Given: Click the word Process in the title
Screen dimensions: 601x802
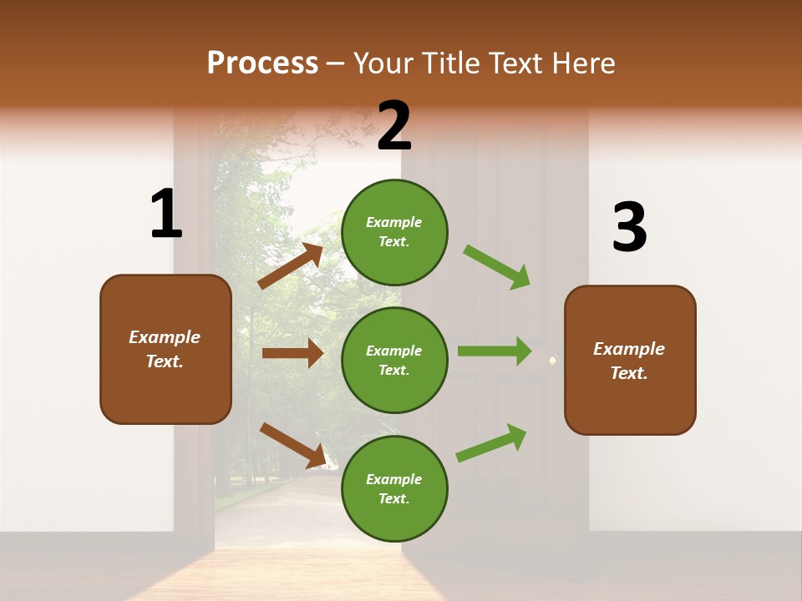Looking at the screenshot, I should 262,63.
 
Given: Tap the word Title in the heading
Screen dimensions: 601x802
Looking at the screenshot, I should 449,63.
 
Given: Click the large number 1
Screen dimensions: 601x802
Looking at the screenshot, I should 166,215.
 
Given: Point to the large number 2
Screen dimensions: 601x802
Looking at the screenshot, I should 394,126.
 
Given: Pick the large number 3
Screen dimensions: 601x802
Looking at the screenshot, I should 629,227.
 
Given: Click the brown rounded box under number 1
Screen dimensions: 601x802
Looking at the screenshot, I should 165,349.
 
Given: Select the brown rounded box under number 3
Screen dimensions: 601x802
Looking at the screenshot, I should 630,361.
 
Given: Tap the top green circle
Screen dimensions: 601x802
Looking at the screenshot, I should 394,232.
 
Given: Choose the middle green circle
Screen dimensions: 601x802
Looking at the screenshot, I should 394,360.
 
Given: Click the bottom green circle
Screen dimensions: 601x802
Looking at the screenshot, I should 394,488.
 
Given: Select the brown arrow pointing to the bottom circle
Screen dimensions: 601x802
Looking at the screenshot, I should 292,445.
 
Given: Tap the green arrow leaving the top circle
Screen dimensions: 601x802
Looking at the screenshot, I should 497,266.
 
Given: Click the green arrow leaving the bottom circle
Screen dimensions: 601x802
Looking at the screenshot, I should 491,443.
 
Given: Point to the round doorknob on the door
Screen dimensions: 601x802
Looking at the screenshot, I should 552,361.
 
